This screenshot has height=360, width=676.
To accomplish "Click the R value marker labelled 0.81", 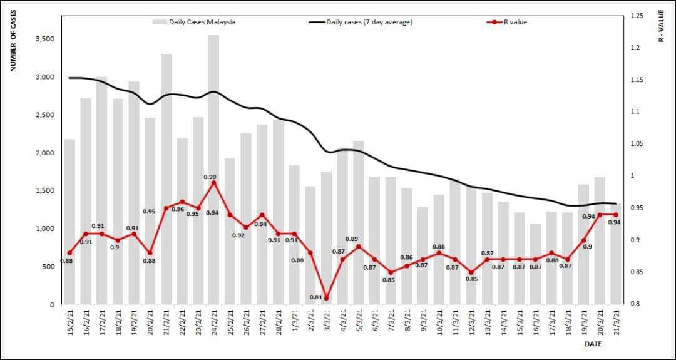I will [326, 297].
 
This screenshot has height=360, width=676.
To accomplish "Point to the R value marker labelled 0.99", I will [214, 183].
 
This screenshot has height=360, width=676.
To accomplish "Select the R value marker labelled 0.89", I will [359, 246].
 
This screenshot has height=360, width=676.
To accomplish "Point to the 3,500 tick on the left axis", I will [44, 39].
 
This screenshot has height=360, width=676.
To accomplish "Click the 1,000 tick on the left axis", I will [44, 229].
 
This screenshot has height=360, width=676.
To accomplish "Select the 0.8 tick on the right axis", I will [634, 304].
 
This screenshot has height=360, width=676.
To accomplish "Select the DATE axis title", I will [593, 344].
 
